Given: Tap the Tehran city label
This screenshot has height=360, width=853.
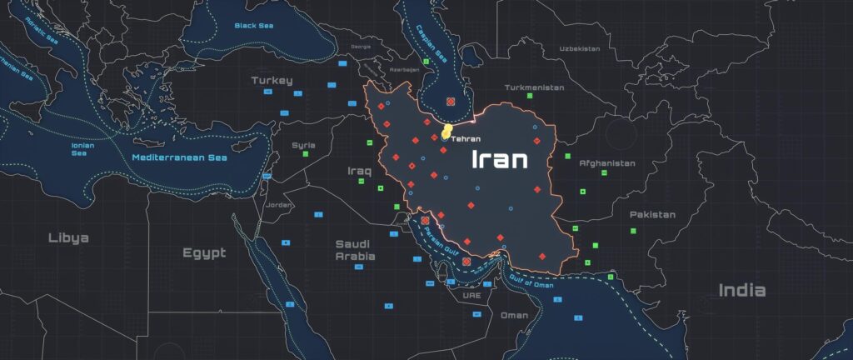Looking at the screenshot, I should (466, 138).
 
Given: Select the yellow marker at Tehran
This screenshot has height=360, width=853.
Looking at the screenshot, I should (446, 132).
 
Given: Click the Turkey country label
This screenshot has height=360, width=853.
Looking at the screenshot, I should (272, 81).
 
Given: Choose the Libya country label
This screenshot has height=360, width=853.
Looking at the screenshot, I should (68, 237).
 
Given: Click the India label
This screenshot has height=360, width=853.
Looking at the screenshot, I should (742, 290).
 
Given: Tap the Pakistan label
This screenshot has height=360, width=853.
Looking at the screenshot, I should (652, 215).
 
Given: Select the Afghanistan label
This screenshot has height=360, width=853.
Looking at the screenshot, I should (606, 163).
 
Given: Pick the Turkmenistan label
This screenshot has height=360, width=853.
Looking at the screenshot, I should (534, 87).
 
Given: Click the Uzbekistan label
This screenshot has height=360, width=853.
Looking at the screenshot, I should (579, 49).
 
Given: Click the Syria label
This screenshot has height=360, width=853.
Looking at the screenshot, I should (303, 145).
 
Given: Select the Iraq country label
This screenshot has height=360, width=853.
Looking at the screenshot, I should (358, 171).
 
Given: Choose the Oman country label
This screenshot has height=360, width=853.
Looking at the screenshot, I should (514, 316).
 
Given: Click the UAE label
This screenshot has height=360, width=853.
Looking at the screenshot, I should (471, 295).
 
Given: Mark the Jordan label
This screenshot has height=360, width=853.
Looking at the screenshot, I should (279, 205).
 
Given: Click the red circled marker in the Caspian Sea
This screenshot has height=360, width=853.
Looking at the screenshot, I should (451, 102).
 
